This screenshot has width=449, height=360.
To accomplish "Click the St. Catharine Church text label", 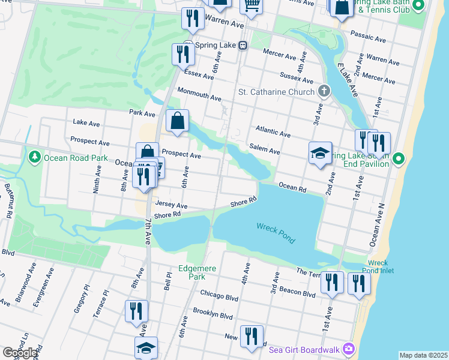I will click(276, 92).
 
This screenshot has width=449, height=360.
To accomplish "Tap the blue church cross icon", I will click(324, 91).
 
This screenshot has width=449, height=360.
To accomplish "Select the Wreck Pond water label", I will click(276, 233).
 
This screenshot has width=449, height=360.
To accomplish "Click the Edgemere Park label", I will click(192, 272).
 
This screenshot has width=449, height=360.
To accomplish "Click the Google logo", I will click(20, 353).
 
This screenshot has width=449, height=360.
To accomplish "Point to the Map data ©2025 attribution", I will click(423, 355).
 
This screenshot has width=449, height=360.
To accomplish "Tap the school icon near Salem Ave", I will click(320, 152).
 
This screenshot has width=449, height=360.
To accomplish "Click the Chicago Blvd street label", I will click(219, 296).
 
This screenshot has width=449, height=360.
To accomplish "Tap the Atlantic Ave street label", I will click(273, 131).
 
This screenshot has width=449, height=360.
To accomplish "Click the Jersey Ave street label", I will click(172, 205).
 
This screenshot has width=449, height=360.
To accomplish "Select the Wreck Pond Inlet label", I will click(378, 267).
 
